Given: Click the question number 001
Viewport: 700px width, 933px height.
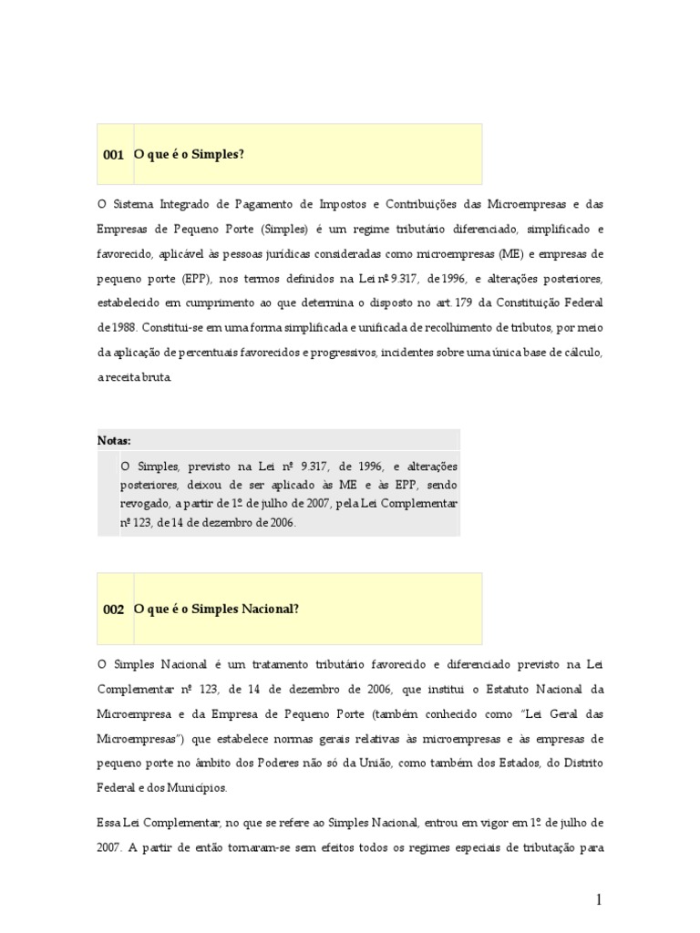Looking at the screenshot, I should (x=113, y=156).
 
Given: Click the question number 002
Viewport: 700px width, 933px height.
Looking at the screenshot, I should (x=113, y=610).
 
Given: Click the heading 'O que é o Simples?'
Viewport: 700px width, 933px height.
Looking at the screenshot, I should (x=190, y=155).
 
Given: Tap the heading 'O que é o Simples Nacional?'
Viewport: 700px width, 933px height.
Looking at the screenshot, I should (x=217, y=609).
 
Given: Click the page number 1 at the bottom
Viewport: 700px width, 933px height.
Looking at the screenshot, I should (x=599, y=900).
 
